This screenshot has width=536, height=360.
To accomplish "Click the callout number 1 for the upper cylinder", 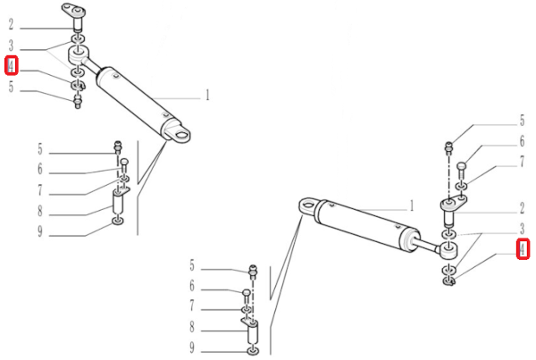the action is click(x=207, y=95).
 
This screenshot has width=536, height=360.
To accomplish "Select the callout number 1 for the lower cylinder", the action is click(x=412, y=205).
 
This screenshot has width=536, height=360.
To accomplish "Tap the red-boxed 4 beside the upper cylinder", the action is click(x=12, y=65).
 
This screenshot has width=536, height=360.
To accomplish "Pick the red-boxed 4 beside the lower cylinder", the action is click(x=523, y=249).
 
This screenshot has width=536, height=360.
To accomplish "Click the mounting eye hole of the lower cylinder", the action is click(x=308, y=205).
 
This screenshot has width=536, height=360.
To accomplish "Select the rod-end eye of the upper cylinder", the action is click(x=79, y=54).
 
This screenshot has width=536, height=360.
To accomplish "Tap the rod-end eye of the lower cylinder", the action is click(x=449, y=250).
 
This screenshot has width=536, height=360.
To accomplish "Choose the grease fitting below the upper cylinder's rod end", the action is click(x=78, y=102).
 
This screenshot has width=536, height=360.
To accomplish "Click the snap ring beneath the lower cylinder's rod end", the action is click(x=448, y=281).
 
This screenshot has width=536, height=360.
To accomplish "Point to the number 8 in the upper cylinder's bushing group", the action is click(x=40, y=211).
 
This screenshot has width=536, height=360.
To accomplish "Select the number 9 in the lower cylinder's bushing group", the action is click(x=192, y=347).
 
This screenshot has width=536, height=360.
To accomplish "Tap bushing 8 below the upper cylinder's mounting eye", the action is click(x=118, y=202).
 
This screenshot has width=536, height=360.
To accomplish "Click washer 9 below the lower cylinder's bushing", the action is click(x=253, y=351).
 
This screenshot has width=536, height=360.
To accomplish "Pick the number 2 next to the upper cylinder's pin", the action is click(x=11, y=25).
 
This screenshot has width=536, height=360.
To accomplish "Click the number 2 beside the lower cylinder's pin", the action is click(x=522, y=208).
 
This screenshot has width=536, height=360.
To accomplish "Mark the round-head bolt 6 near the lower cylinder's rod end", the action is click(x=461, y=171).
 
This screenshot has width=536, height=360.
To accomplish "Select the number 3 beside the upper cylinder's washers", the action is click(x=11, y=46).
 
